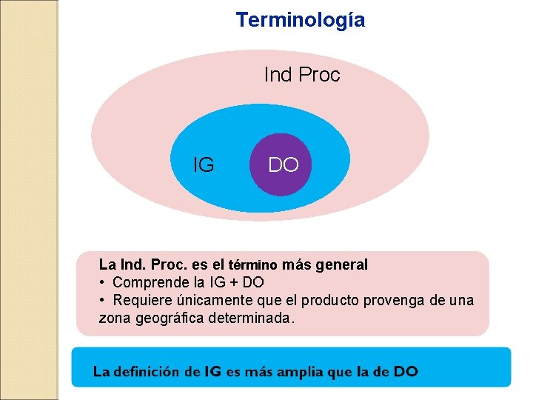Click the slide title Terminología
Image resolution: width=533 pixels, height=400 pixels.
[300, 20]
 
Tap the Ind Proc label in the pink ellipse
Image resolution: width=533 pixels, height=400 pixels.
[302, 75]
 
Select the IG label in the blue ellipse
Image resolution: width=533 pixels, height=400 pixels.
[203, 164]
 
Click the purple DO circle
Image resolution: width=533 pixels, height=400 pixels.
[283, 164]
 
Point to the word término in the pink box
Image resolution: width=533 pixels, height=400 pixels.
[253, 264]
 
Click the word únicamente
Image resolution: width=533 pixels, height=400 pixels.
[209, 300]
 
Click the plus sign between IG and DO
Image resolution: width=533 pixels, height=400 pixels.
[232, 282]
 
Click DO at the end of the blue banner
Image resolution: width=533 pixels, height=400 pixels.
[406, 371]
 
